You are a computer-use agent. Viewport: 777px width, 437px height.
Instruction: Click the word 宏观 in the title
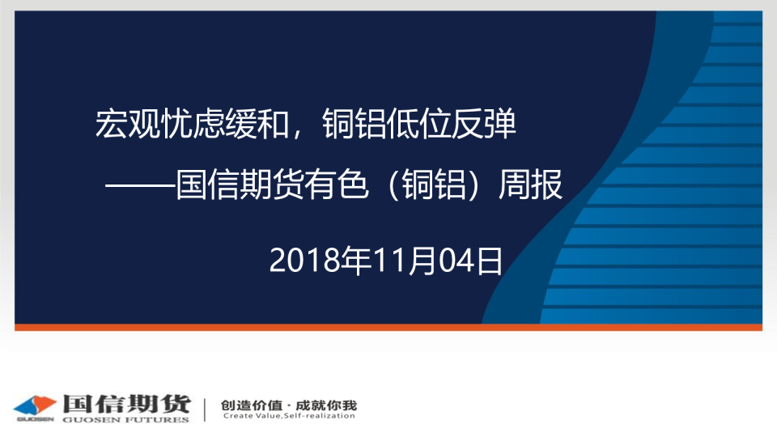tap(127, 124)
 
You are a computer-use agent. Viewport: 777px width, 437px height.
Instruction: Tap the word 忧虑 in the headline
tap(192, 124)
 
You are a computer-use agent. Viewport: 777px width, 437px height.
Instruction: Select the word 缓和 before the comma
tap(257, 124)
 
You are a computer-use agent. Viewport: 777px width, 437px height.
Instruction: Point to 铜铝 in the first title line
tap(354, 124)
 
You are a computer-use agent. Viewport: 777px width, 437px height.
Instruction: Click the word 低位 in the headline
tap(418, 124)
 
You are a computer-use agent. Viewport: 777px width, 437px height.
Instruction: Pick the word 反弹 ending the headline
tap(484, 124)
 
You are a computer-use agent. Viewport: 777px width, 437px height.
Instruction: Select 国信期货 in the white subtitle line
tap(240, 185)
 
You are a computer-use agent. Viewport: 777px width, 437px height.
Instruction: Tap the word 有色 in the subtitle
tap(337, 185)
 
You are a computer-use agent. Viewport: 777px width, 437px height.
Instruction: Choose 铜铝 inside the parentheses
tap(434, 185)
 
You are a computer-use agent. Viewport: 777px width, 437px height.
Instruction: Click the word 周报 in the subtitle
tap(530, 185)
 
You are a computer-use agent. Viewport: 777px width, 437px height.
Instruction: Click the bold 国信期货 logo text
tap(127, 404)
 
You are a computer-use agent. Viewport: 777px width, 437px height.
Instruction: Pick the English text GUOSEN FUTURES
tap(126, 420)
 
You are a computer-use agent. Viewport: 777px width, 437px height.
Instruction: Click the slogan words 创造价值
tap(251, 405)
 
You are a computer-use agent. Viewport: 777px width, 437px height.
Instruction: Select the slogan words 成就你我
tap(326, 405)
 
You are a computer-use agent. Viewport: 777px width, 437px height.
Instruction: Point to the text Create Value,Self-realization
tap(289, 416)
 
